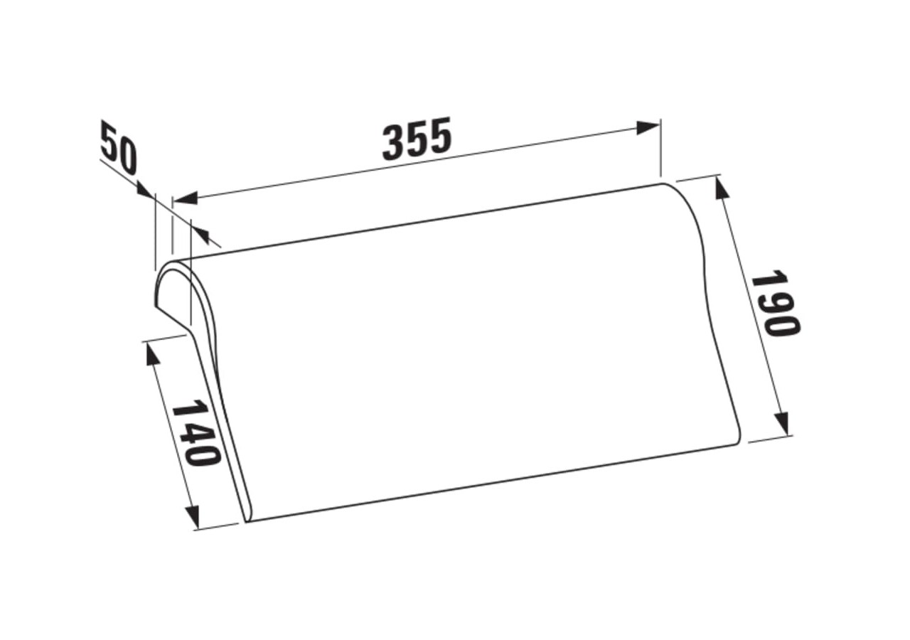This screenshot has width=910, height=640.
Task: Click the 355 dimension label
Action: click(417, 139)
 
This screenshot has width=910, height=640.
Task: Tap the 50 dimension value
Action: click(118, 149)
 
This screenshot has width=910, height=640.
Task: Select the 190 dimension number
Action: click(775, 303)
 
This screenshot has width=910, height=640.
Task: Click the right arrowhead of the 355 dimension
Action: click(648, 128)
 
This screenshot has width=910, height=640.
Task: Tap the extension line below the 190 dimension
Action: click(771, 437)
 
